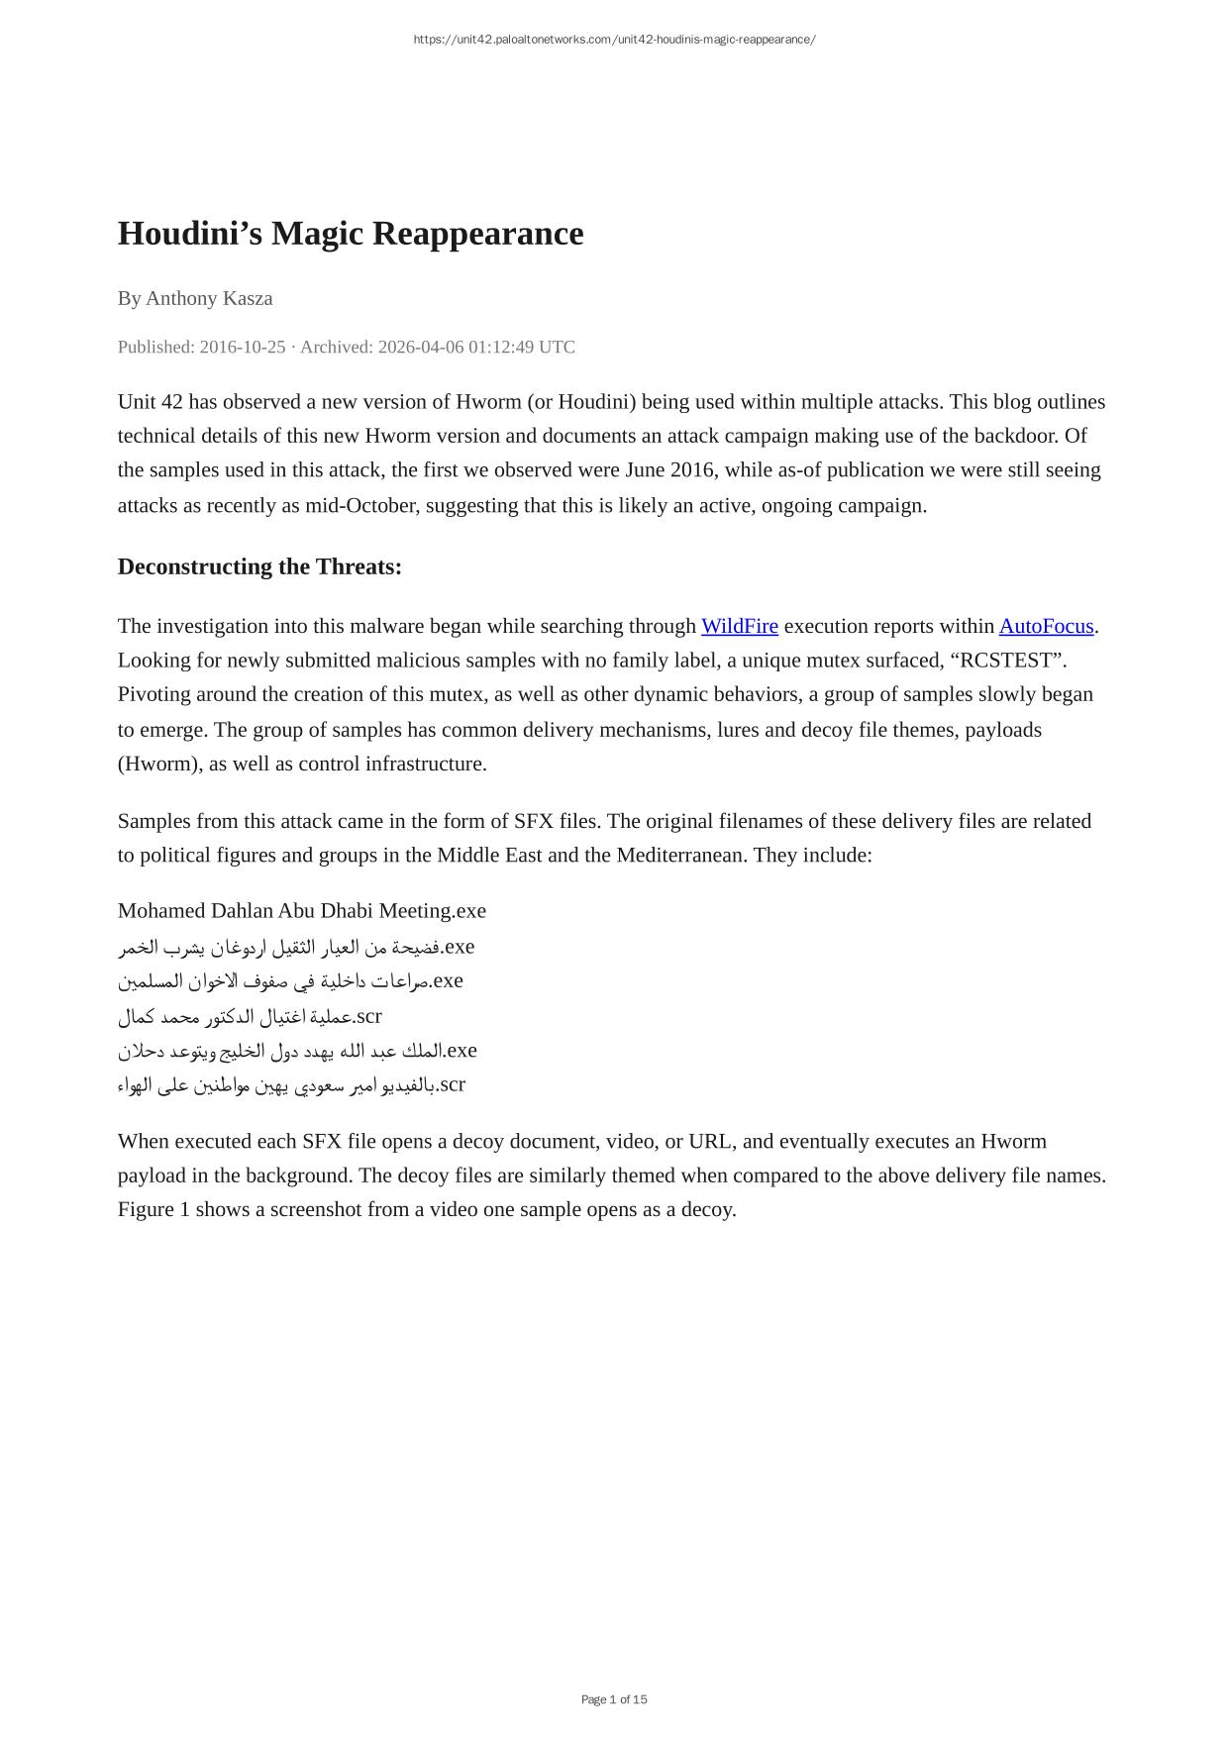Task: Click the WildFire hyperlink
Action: point(739,626)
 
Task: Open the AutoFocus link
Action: point(1046,626)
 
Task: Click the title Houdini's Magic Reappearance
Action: point(351,234)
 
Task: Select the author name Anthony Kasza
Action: point(209,298)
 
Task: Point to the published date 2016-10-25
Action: point(242,347)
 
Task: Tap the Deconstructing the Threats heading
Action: point(259,566)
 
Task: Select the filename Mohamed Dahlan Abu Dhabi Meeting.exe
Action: point(302,910)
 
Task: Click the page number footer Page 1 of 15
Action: point(614,1699)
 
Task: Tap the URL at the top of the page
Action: point(614,40)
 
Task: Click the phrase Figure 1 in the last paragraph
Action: point(153,1209)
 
